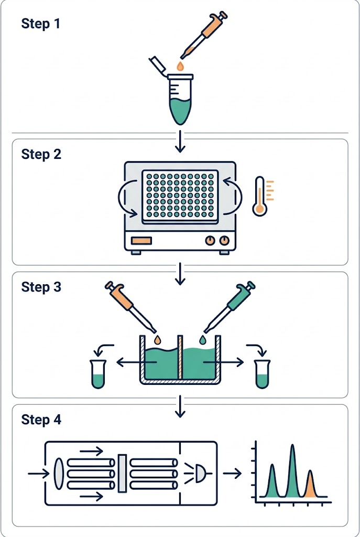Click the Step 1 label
[41, 24]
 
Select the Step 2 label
[41, 154]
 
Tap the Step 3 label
[41, 287]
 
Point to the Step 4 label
[41, 420]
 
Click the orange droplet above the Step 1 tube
[180, 66]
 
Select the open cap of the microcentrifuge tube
[158, 65]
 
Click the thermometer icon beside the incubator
[260, 196]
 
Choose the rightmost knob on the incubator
[224, 241]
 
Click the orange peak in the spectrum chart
[310, 485]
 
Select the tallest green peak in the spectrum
[292, 472]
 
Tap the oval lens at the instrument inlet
[59, 474]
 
